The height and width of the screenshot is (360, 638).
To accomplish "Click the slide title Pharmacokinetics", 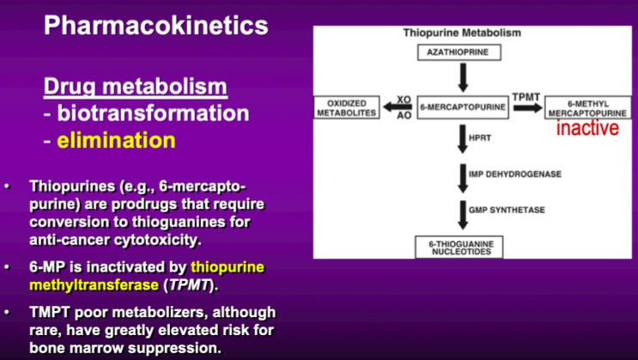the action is pos(155,25).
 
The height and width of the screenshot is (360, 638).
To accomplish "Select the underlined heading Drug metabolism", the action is pos(136,87).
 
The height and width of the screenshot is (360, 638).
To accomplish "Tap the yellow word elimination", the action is pos(116,139).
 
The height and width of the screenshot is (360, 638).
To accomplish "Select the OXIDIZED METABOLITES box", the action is pos(347,107).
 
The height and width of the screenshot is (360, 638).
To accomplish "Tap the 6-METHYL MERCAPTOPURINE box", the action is pos(587,107).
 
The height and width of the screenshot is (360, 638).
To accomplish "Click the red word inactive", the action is pos(587,129).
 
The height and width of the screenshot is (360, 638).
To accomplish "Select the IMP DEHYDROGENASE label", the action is pos(515,174).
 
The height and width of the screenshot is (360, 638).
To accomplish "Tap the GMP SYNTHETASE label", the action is pos(506,210).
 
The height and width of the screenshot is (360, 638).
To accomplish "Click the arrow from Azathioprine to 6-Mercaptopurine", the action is pos(463,77).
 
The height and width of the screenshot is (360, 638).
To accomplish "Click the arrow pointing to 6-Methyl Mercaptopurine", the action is pos(526,108).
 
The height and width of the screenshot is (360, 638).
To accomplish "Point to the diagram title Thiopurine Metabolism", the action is pos(462,33).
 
